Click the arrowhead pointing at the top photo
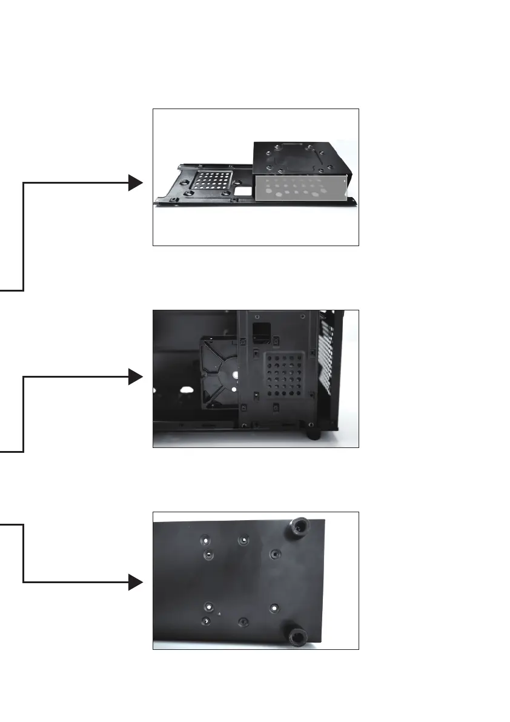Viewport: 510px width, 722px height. [135, 182]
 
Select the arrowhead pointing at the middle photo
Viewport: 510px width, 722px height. [135, 378]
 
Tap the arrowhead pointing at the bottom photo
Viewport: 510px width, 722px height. [135, 583]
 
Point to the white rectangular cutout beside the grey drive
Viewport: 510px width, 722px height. [243, 190]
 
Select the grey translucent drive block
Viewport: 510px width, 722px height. [300, 189]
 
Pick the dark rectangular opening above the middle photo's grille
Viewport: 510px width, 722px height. [262, 331]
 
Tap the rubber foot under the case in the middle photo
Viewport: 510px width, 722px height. [314, 435]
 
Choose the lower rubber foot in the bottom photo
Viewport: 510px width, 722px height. [297, 636]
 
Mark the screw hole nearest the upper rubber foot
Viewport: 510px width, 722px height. [276, 554]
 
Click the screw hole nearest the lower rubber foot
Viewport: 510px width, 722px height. [274, 607]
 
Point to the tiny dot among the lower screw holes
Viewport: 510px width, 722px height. [219, 613]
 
